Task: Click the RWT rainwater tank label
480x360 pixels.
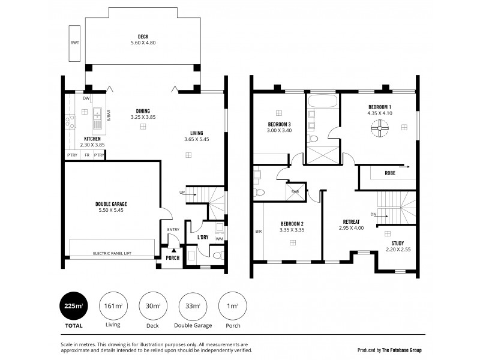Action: (x=75, y=43)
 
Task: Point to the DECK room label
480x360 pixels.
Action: (x=143, y=37)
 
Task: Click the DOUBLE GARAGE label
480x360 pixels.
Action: (x=111, y=204)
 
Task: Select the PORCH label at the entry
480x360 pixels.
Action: (x=173, y=259)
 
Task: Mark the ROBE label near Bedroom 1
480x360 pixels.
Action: (x=390, y=173)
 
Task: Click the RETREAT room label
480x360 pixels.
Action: (x=351, y=221)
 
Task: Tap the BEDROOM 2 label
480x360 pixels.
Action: (x=292, y=223)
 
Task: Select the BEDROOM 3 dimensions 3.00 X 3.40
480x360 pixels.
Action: (x=279, y=130)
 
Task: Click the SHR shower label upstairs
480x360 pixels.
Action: (x=295, y=192)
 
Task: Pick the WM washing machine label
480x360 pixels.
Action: (x=219, y=239)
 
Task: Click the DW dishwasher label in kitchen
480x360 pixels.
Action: (x=86, y=98)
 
